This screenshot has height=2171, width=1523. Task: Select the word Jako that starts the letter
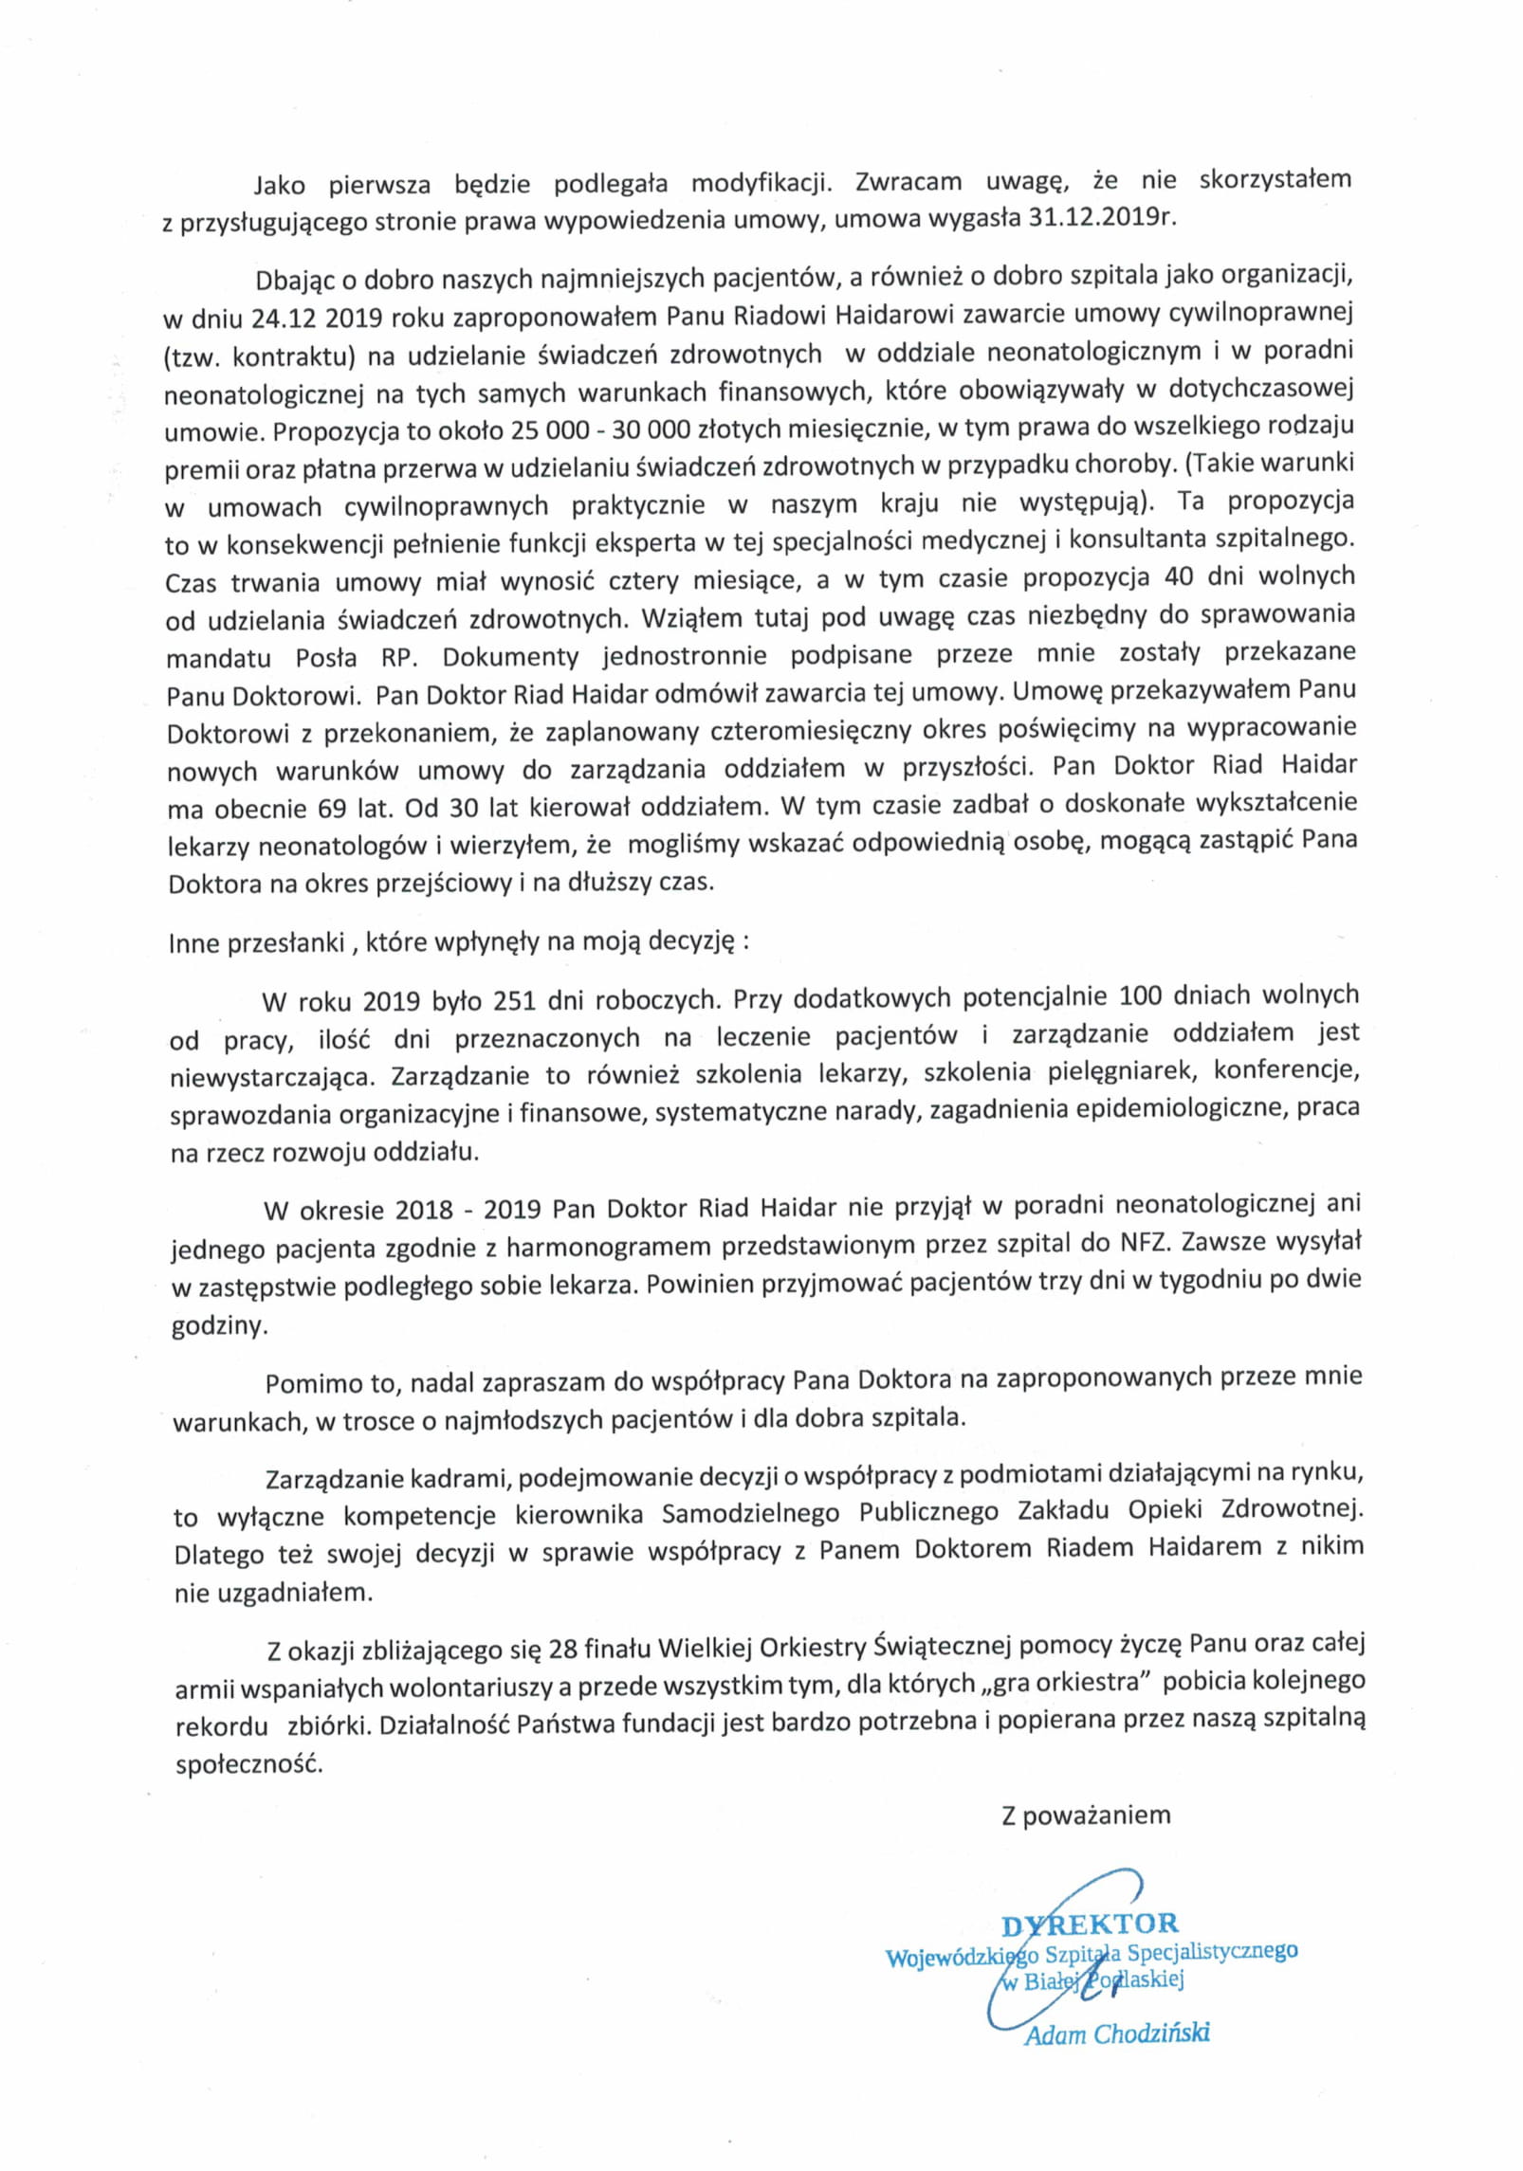coord(279,184)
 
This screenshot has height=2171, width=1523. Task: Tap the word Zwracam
coord(908,181)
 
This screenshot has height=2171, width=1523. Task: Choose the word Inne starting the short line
coord(193,944)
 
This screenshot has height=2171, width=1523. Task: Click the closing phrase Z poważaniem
coord(1086,1815)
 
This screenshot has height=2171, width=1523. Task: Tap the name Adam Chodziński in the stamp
coord(1116,2034)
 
